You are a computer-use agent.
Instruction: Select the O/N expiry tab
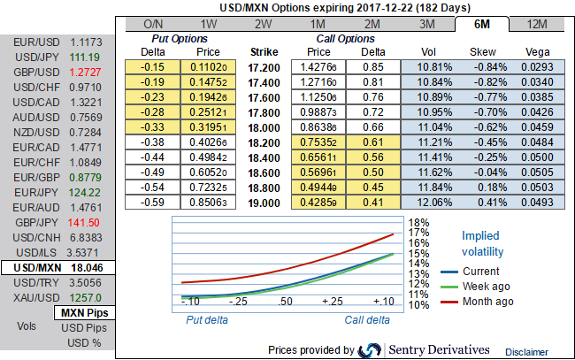click(x=153, y=23)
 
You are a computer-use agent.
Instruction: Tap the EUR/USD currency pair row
click(x=58, y=42)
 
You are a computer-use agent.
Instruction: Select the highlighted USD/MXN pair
click(x=58, y=267)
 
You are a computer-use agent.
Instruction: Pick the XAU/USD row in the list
click(x=58, y=297)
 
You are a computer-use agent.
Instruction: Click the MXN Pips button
click(x=84, y=312)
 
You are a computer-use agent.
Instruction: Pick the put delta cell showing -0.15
click(x=155, y=65)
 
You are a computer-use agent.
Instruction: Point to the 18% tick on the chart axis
click(x=418, y=223)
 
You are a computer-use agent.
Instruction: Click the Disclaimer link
click(x=526, y=351)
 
